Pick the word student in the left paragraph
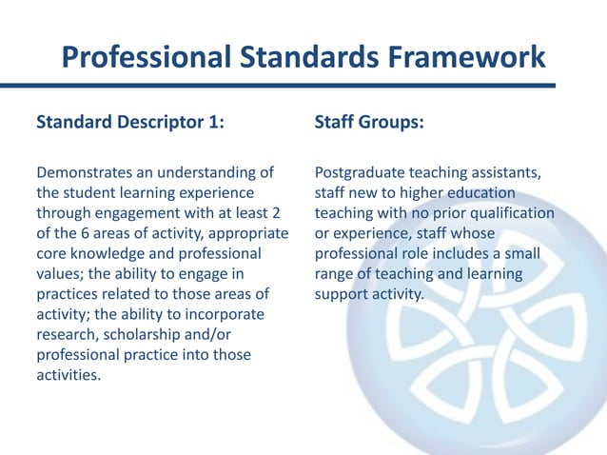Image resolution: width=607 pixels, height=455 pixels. pos(89,193)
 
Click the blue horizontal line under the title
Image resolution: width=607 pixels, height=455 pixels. pos(303,87)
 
